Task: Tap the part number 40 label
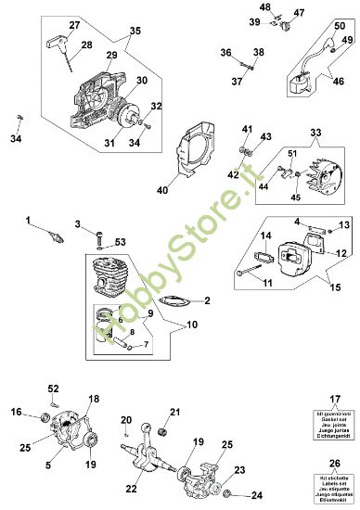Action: tap(161, 191)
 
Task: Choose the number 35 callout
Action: tap(135, 31)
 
